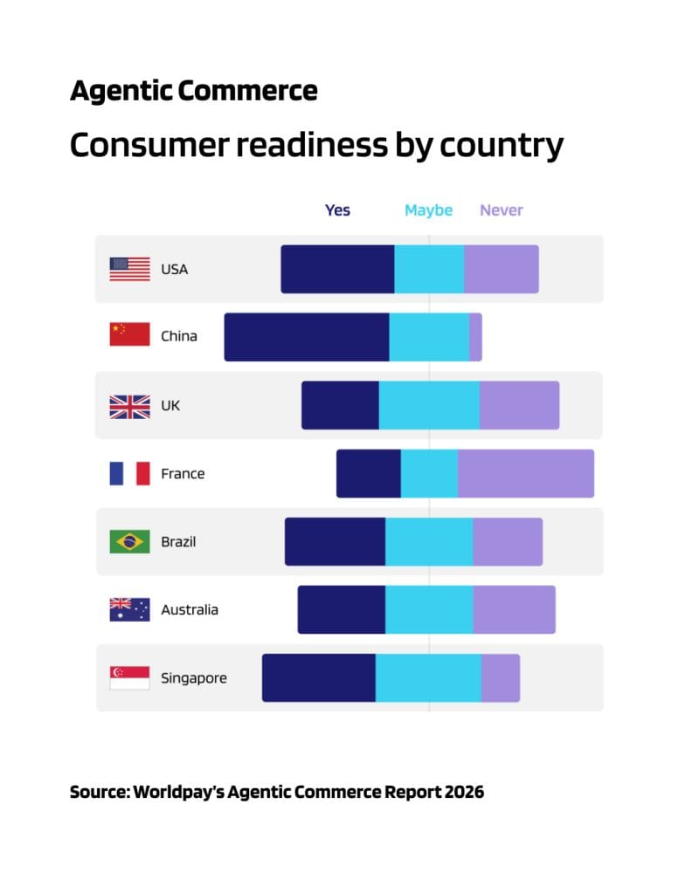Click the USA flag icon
pos(129,269)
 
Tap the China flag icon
pos(129,335)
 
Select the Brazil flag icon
pos(129,541)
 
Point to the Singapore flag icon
pos(129,677)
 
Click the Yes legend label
pos(337,210)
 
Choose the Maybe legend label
pos(428,210)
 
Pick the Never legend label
pos(501,210)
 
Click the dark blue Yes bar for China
pos(306,337)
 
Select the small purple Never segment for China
pos(475,337)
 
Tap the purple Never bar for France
pos(525,473)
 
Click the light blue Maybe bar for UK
pos(428,405)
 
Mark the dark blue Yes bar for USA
pos(337,269)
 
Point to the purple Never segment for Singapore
pos(500,677)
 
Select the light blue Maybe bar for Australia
pos(428,609)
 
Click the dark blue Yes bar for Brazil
pos(335,541)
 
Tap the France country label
pos(183,474)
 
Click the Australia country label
pos(190,610)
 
